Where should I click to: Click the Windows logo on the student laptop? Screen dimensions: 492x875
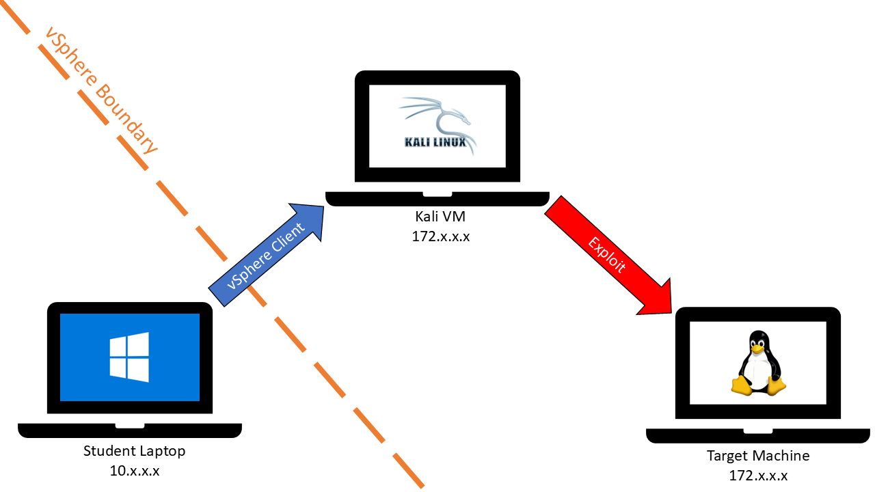(x=129, y=357)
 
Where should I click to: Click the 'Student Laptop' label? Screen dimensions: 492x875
(x=134, y=451)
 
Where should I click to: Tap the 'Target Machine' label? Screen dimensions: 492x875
(x=758, y=456)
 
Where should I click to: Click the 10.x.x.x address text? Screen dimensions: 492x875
(x=134, y=471)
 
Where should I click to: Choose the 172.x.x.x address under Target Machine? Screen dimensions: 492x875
(x=758, y=476)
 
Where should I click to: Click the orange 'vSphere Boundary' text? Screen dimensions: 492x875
(x=101, y=90)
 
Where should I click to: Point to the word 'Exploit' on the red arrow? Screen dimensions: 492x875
(x=607, y=255)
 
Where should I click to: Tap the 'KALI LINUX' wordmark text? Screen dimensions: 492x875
(x=435, y=142)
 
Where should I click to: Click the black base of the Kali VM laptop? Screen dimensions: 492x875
(x=437, y=198)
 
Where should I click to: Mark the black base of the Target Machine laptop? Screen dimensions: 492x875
(x=757, y=435)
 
